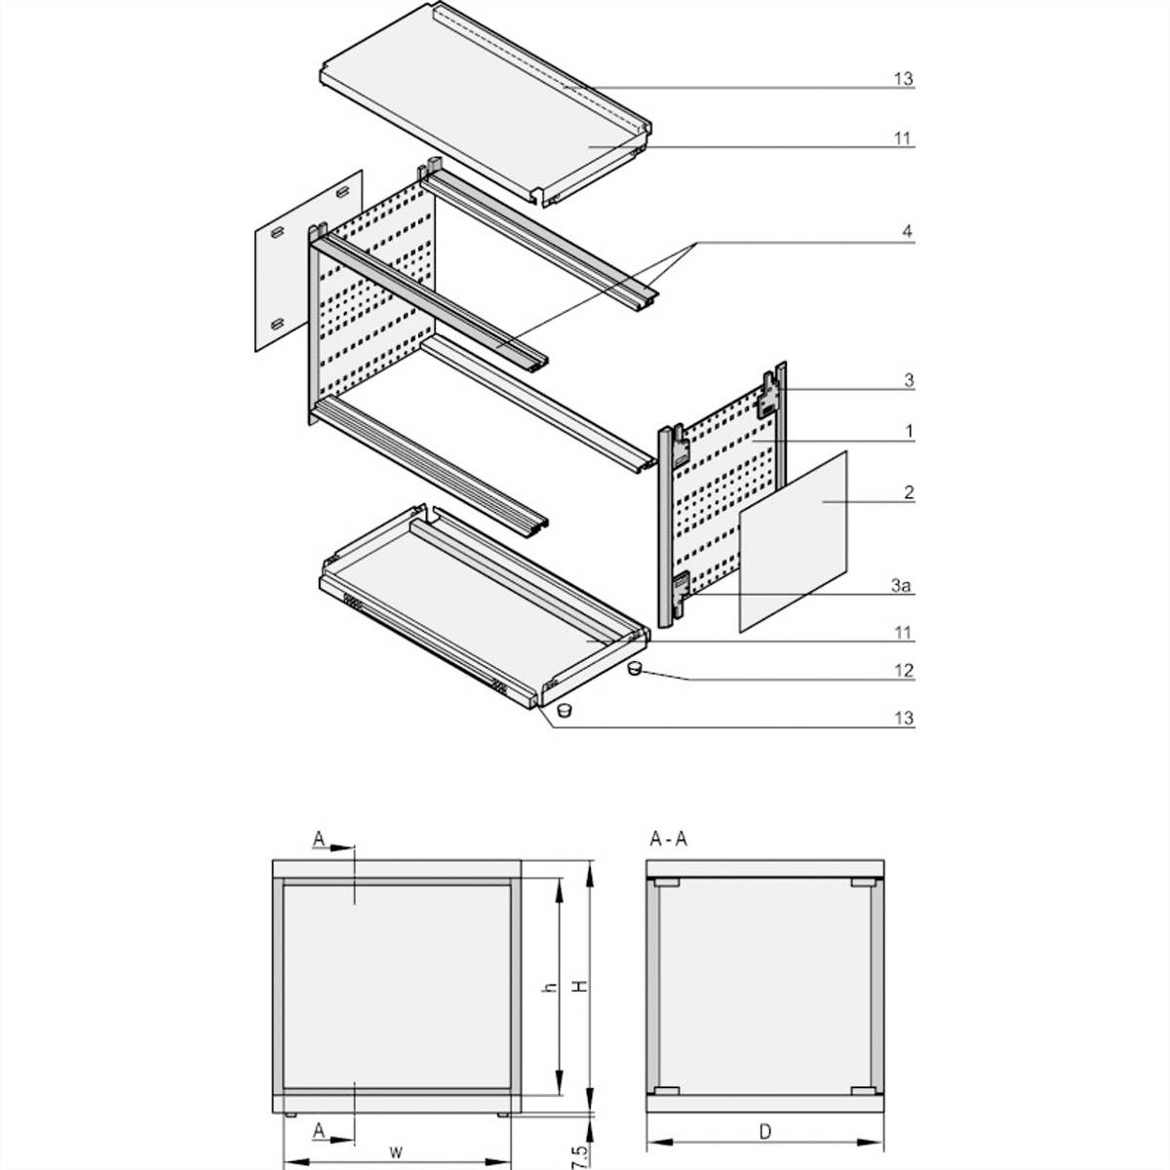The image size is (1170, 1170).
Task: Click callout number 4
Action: pyautogui.click(x=906, y=232)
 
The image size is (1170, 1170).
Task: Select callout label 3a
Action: pyautogui.click(x=904, y=586)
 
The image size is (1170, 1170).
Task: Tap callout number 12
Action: pyautogui.click(x=904, y=671)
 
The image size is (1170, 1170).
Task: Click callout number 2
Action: pyautogui.click(x=908, y=493)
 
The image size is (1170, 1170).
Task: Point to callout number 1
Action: pyautogui.click(x=908, y=430)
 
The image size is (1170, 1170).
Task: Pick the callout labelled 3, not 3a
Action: pyautogui.click(x=908, y=381)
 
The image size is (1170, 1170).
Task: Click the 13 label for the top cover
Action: pyautogui.click(x=903, y=79)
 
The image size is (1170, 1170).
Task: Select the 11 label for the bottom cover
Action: pyautogui.click(x=904, y=633)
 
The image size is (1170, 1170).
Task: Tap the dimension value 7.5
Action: pyautogui.click(x=581, y=1150)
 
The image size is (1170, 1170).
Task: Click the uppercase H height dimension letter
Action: pyautogui.click(x=581, y=987)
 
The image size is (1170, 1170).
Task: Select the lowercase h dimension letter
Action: pyautogui.click(x=550, y=987)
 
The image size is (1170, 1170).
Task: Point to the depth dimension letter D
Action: pyautogui.click(x=765, y=1132)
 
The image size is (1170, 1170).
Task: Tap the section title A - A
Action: pyautogui.click(x=668, y=839)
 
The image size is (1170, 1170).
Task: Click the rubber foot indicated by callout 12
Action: pyautogui.click(x=634, y=668)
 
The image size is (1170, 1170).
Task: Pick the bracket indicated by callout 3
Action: pyautogui.click(x=770, y=392)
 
